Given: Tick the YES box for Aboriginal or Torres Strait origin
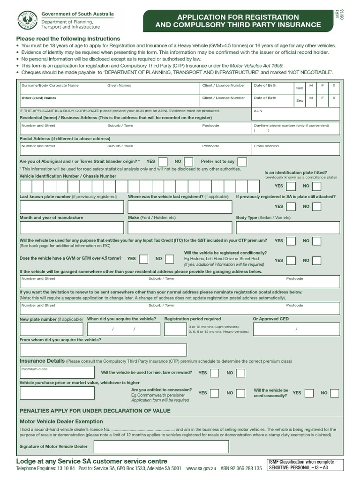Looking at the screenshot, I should point(162,161).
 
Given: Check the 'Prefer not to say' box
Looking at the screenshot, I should point(242,161).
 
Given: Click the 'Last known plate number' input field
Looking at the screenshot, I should point(72,207).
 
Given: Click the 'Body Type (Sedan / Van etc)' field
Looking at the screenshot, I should point(288,228).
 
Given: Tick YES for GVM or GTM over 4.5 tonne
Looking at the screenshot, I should point(144,259).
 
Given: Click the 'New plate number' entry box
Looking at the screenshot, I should point(52,330).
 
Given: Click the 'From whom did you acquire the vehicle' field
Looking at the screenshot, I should point(103,350).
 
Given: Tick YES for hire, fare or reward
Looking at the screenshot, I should point(214,373).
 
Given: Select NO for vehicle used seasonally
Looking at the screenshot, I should point(334,393).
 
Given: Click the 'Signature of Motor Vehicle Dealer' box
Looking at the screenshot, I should point(161,447).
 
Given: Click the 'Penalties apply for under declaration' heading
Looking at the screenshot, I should point(94,411).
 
